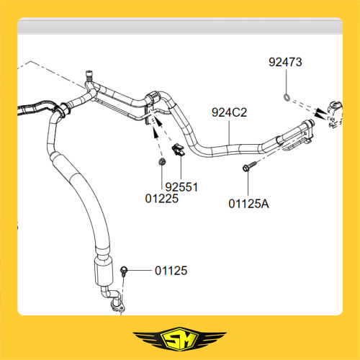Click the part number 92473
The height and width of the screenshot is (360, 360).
point(285,62)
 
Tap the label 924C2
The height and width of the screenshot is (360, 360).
point(229,112)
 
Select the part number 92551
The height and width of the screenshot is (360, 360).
point(181,187)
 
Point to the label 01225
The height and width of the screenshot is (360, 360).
point(162,199)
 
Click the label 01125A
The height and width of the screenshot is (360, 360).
point(248,204)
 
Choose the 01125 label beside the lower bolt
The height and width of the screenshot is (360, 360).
point(171,271)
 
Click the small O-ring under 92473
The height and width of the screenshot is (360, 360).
point(287,97)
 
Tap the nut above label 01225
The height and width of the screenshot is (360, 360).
point(162,162)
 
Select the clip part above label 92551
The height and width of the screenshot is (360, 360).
point(178,150)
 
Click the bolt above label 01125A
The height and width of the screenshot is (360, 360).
point(249,166)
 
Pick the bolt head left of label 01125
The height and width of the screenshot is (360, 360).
point(124,270)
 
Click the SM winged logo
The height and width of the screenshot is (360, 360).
point(179,338)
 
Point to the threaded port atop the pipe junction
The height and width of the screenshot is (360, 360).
point(89,76)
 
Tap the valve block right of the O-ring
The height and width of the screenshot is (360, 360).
point(335,113)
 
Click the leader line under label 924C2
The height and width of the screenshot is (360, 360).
point(229,132)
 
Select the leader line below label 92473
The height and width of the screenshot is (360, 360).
point(286,81)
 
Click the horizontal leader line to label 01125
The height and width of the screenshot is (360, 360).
point(140,271)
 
